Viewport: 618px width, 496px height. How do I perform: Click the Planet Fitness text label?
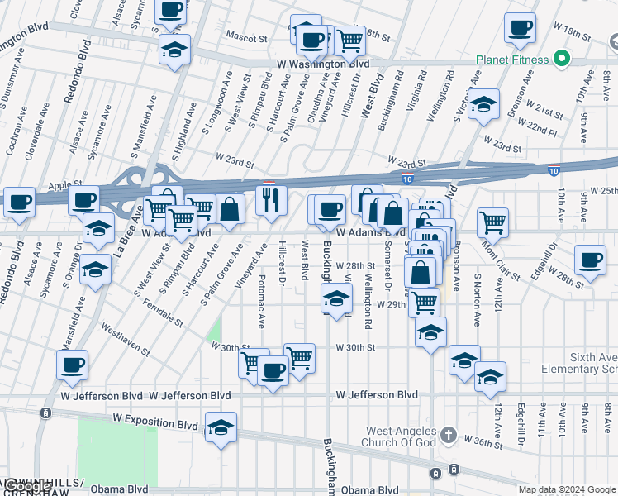point(512,60)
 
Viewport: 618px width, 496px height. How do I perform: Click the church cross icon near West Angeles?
point(448,435)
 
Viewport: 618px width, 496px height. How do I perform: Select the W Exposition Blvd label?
point(156,424)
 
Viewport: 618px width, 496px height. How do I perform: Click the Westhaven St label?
point(126,339)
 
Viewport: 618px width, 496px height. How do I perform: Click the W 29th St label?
point(392,304)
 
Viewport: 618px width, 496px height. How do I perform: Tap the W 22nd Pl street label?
point(542,128)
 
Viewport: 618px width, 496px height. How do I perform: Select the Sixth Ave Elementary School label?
point(578,362)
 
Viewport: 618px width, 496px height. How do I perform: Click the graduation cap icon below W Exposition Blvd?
point(221,427)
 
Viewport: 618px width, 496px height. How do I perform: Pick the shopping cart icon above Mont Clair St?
point(492,221)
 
